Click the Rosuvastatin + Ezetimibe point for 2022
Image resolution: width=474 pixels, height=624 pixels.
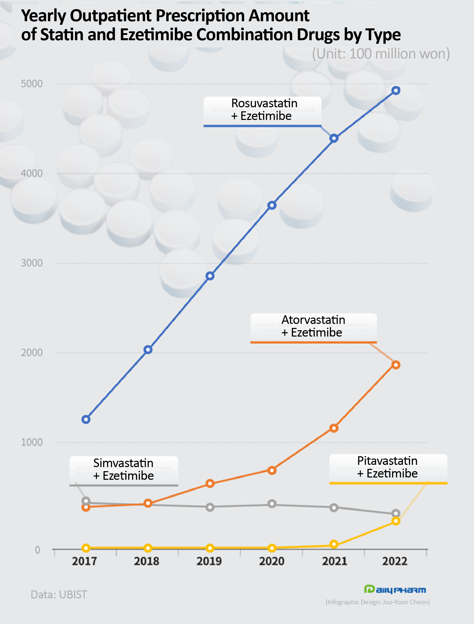[396, 91]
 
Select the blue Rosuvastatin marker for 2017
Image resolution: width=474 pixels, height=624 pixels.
[86, 419]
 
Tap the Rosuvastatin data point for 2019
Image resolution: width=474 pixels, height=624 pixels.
[210, 276]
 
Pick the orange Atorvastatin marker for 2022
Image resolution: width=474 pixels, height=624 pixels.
[396, 365]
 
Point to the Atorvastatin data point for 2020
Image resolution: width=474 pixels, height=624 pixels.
[272, 470]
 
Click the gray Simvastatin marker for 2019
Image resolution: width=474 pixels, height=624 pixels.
[210, 507]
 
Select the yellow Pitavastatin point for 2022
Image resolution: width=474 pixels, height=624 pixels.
[396, 521]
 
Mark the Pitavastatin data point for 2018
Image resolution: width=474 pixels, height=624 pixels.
[148, 548]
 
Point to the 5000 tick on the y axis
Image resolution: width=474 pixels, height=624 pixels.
[32, 84]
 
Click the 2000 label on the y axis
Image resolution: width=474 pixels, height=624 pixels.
[32, 353]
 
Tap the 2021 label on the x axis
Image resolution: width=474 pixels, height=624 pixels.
[334, 561]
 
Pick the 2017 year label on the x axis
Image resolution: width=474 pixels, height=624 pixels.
[84, 561]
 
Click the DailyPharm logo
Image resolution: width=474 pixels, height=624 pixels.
[395, 589]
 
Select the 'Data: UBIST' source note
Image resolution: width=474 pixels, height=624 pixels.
[59, 595]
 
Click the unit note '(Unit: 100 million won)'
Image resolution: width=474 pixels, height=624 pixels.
[381, 54]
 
